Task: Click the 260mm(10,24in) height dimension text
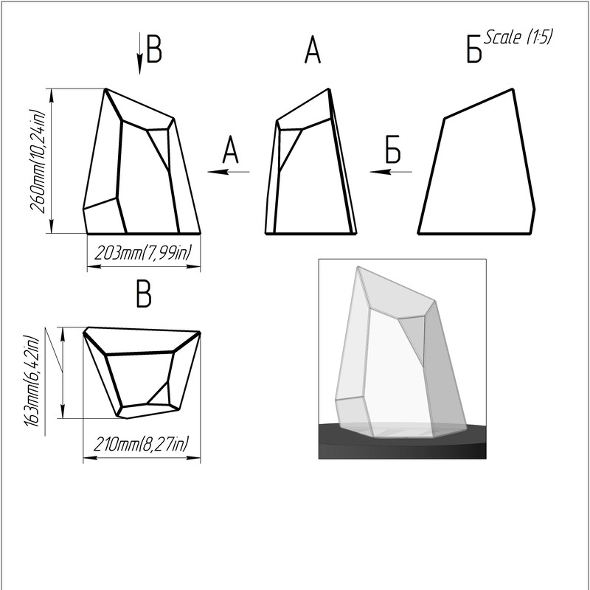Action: tap(38, 162)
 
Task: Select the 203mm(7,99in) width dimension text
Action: tap(143, 252)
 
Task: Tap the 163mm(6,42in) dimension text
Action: tap(32, 381)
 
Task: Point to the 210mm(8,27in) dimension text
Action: tap(141, 444)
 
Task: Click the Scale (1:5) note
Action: tap(518, 37)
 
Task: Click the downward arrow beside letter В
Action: tap(139, 53)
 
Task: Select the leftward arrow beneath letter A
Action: tap(229, 172)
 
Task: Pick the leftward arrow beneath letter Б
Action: tap(391, 172)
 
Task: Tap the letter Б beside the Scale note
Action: tap(473, 49)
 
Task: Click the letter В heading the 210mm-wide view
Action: tap(144, 294)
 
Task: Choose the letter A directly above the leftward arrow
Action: tap(230, 150)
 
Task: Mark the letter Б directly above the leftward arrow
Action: tap(393, 150)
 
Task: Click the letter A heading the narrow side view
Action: tap(313, 50)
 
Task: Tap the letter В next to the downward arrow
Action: tap(154, 49)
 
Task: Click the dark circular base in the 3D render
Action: tap(402, 441)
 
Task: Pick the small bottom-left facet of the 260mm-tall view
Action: tap(103, 216)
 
